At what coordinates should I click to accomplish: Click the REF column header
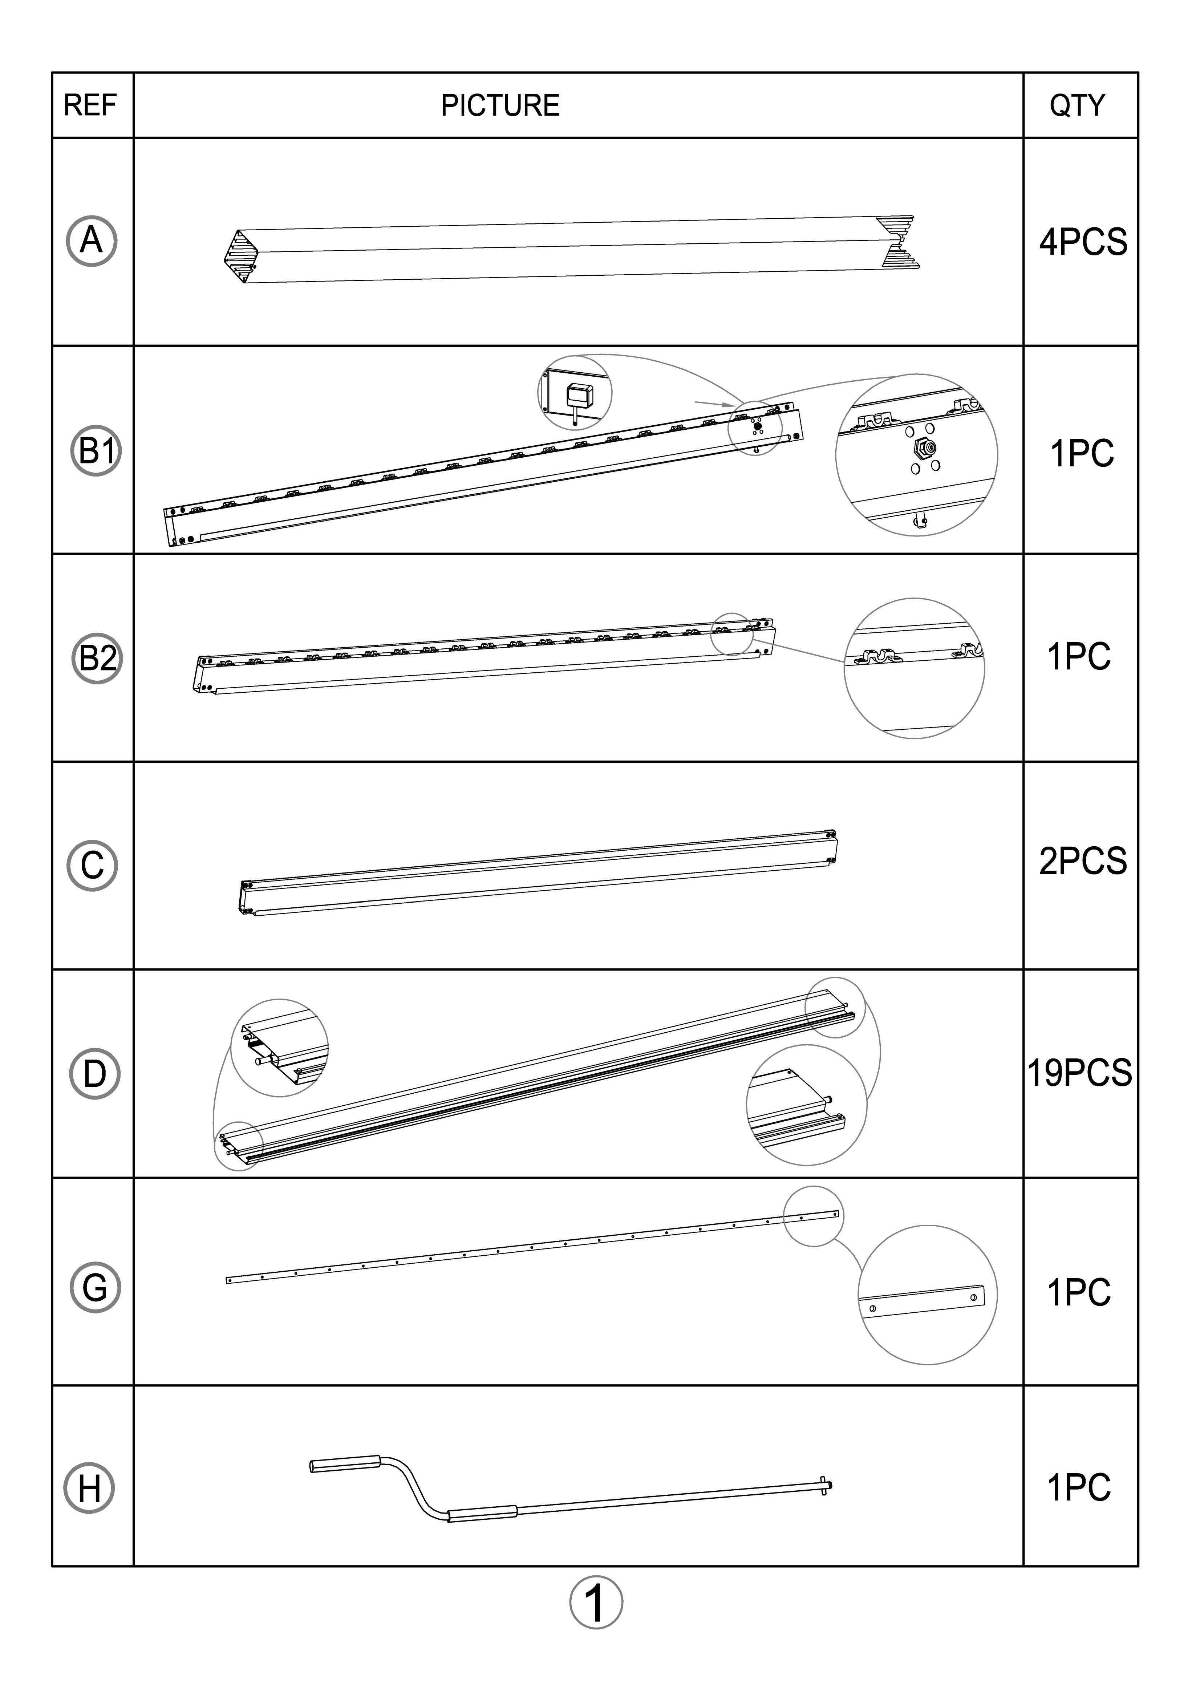tap(90, 105)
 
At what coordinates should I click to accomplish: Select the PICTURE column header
tap(500, 105)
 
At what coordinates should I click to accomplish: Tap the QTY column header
tap(1077, 105)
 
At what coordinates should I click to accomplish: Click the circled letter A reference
tap(92, 241)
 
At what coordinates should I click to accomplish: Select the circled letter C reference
tap(92, 866)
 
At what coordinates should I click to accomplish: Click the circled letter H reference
tap(89, 1488)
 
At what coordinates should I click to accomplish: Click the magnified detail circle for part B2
tap(914, 668)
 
